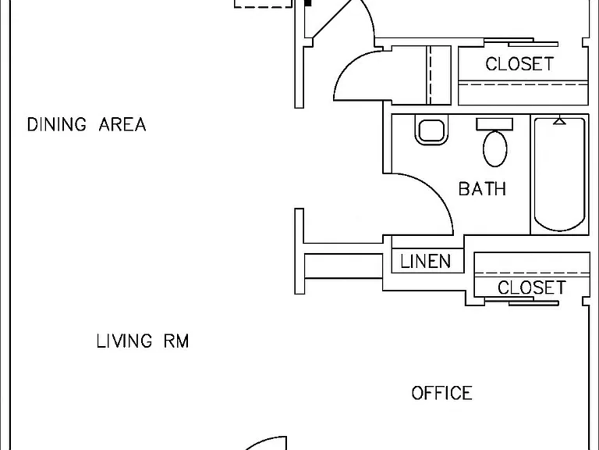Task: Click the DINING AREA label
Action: coord(87,125)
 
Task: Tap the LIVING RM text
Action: coord(143,341)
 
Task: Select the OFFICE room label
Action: coord(441,393)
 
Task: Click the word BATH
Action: coord(482,188)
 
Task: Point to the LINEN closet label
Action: coord(426,262)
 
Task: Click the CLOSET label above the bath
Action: coord(519,64)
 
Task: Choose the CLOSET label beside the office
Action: coord(532,287)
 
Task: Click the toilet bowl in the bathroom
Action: coord(495,148)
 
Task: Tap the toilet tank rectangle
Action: coord(494,124)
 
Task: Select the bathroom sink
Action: coord(431,130)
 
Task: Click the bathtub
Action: coord(559,174)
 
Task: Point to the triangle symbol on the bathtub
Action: coord(560,121)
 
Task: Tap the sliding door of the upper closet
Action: coord(522,41)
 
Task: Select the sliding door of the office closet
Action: coord(522,302)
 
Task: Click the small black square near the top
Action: coord(308,3)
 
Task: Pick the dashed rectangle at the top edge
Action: coord(263,4)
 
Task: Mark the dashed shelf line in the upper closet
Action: coord(523,84)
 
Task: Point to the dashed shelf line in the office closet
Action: coord(532,273)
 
